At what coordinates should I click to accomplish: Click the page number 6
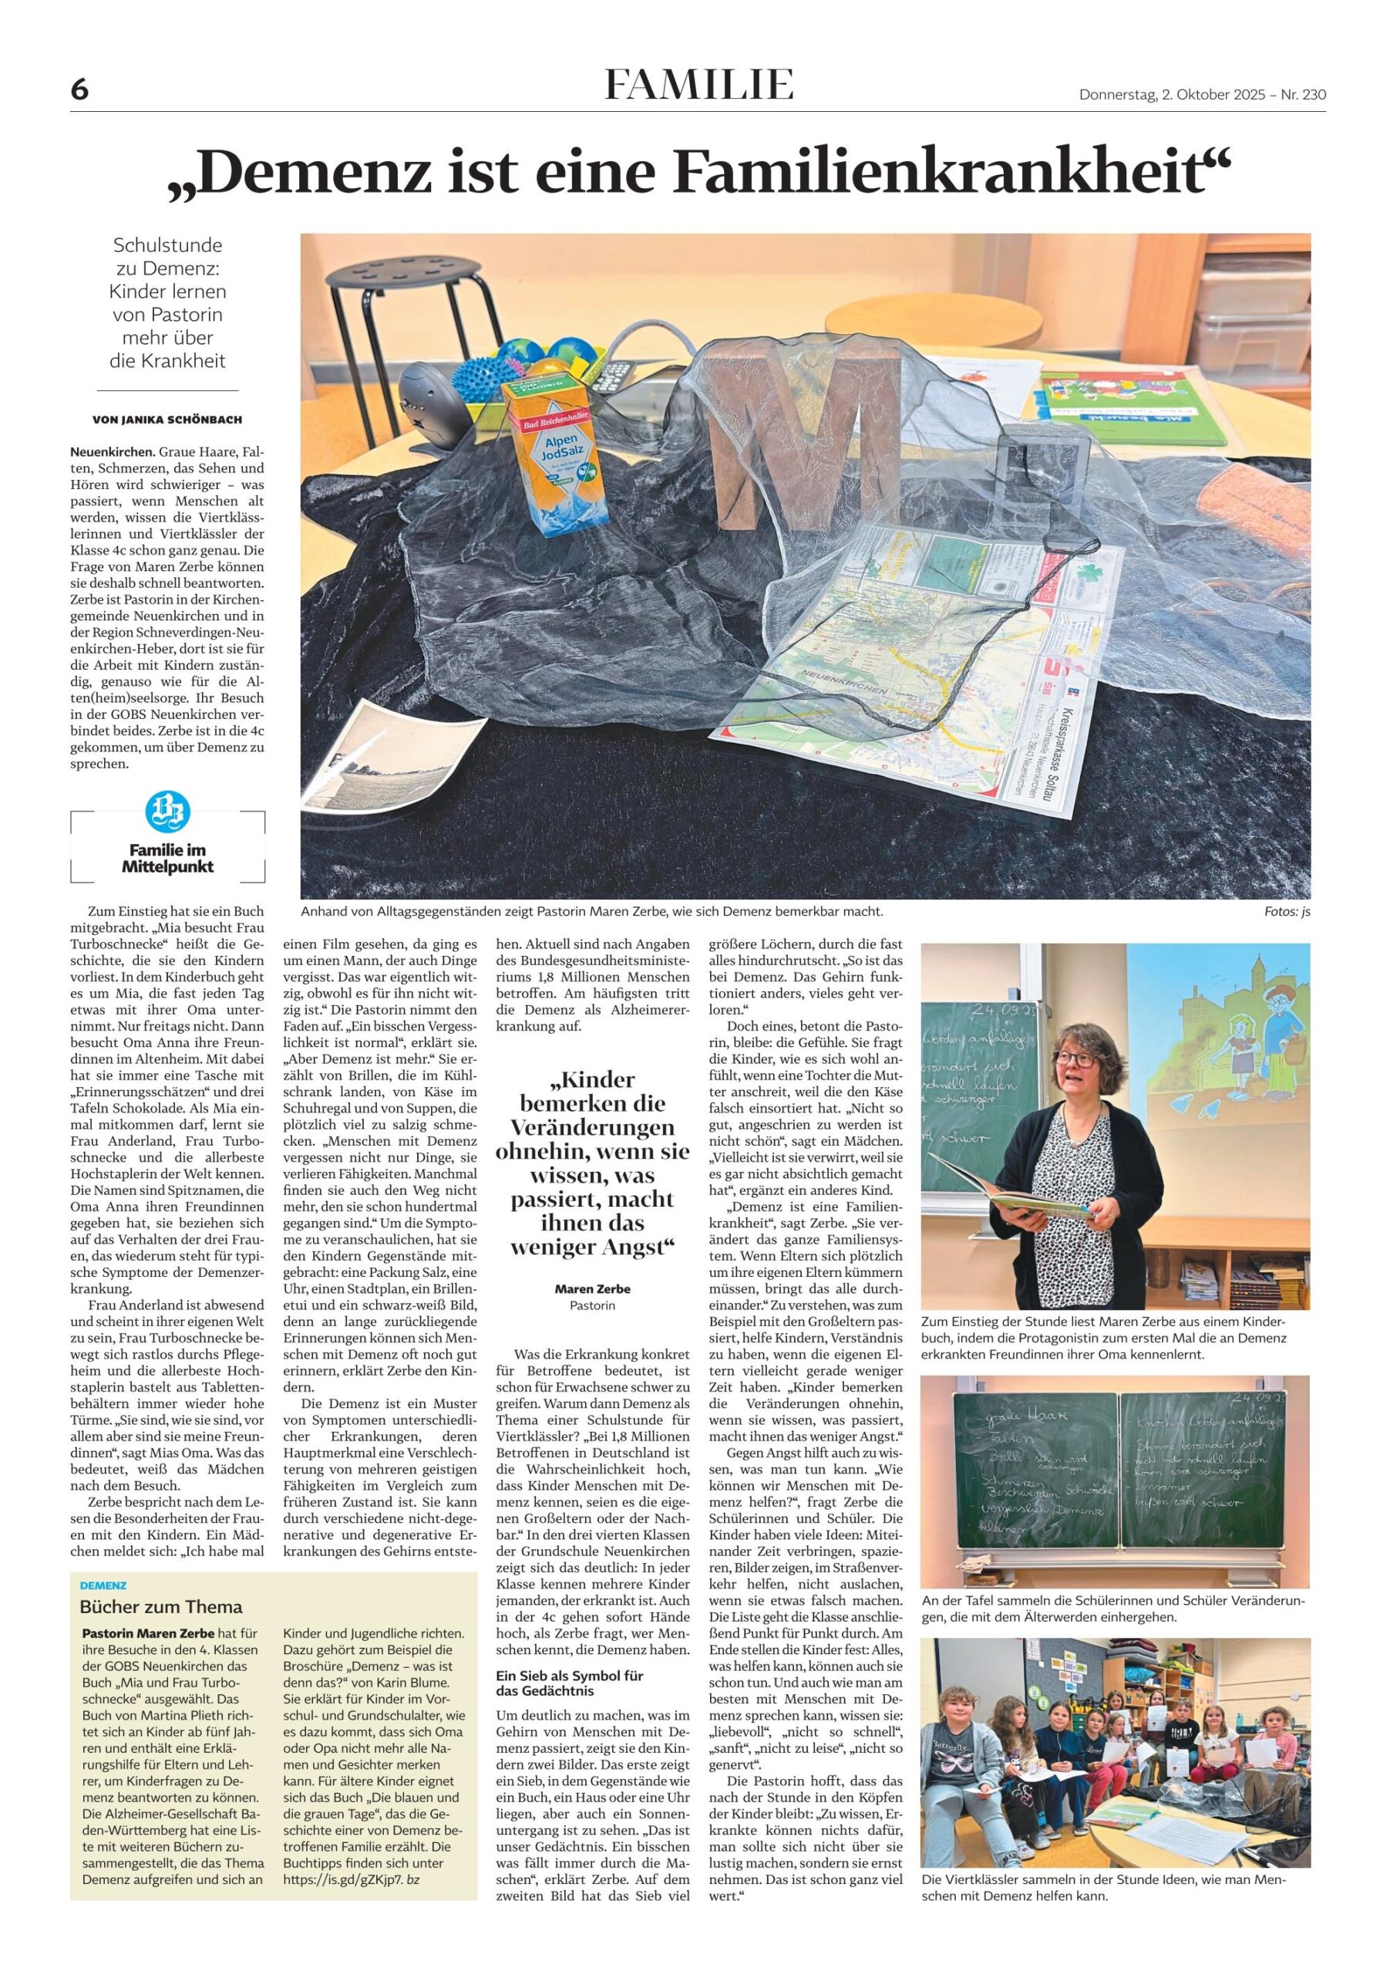click(x=79, y=89)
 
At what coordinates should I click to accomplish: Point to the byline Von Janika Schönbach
click(x=167, y=420)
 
